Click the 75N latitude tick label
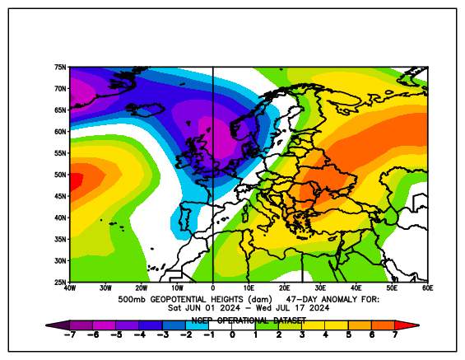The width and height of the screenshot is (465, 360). click(60, 67)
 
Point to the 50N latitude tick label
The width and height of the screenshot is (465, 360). click(60, 175)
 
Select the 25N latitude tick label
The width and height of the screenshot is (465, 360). click(60, 282)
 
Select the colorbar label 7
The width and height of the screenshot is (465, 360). click(395, 336)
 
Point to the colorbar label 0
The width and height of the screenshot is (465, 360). click(233, 336)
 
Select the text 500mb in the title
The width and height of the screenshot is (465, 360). click(133, 299)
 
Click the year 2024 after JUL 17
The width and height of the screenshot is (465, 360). click(315, 307)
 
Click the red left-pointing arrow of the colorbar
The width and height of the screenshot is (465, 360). click(53, 325)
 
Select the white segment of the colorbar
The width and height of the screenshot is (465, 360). click(233, 325)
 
